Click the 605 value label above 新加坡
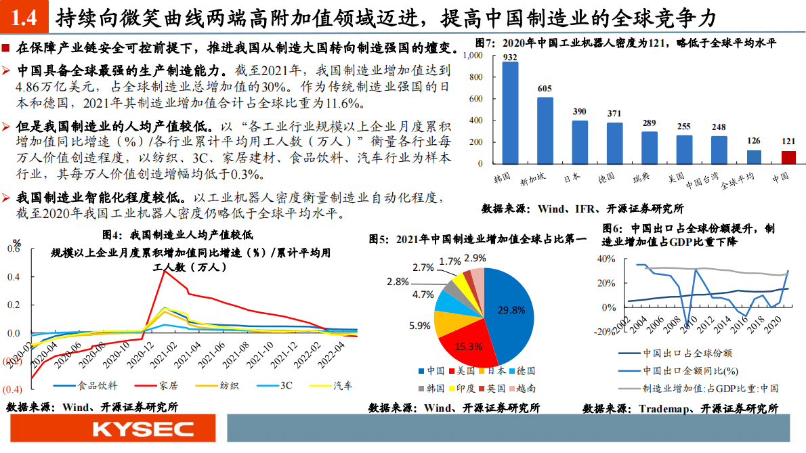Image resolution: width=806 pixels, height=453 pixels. tap(545, 89)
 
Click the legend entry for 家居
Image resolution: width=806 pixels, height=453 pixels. tap(167, 386)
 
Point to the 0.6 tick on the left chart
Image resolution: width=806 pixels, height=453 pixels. tap(14, 249)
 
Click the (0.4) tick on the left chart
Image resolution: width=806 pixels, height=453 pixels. tap(13, 389)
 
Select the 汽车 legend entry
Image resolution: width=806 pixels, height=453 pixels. tap(342, 386)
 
